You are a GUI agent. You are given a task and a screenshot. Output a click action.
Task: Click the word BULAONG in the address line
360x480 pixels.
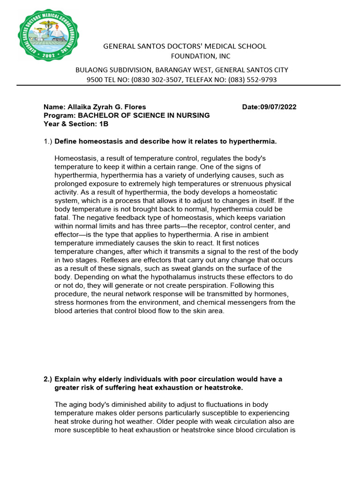pyautogui.click(x=91, y=70)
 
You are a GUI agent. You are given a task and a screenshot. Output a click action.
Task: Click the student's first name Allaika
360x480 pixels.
pyautogui.click(x=78, y=107)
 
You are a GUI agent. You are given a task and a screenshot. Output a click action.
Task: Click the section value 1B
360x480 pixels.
pyautogui.click(x=104, y=124)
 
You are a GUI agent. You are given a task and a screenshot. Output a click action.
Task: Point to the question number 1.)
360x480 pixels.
pyautogui.click(x=48, y=141)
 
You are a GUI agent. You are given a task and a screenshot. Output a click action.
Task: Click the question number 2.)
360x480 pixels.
pyautogui.click(x=48, y=379)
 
